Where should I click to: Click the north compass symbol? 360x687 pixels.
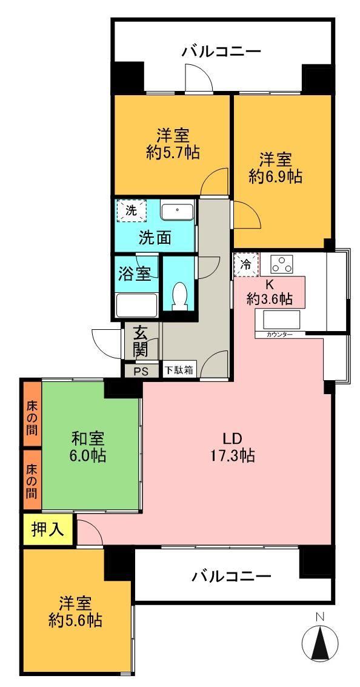tap(320, 643)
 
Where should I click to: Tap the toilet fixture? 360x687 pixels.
tap(179, 296)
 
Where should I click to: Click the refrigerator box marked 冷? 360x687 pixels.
tap(247, 264)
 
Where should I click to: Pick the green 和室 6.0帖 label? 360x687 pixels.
tap(88, 446)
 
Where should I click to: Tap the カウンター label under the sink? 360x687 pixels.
tap(279, 335)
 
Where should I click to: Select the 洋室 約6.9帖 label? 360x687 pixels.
tap(275, 167)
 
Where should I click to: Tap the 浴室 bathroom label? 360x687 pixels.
tap(135, 274)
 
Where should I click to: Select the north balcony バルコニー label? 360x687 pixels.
tap(221, 52)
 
